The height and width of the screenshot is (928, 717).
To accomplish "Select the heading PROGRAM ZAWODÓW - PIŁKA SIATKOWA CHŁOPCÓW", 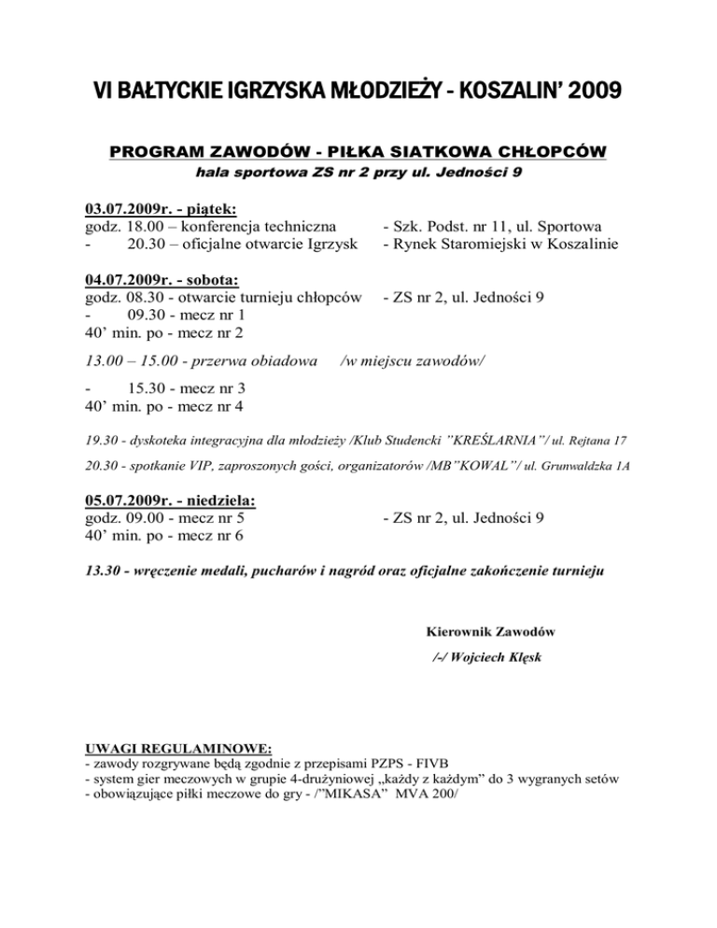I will point(358,152).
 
